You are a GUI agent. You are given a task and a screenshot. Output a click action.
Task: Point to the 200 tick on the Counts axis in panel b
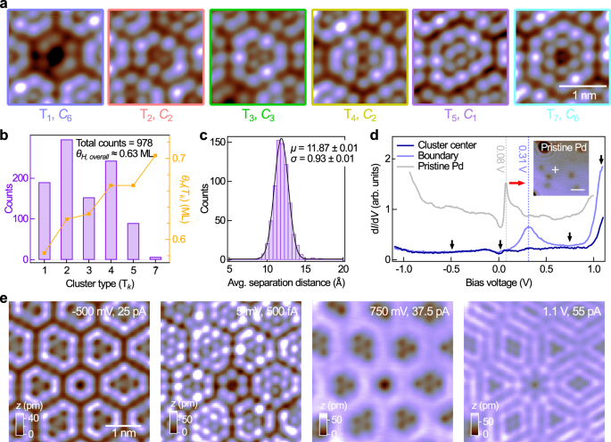click(x=19, y=179)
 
